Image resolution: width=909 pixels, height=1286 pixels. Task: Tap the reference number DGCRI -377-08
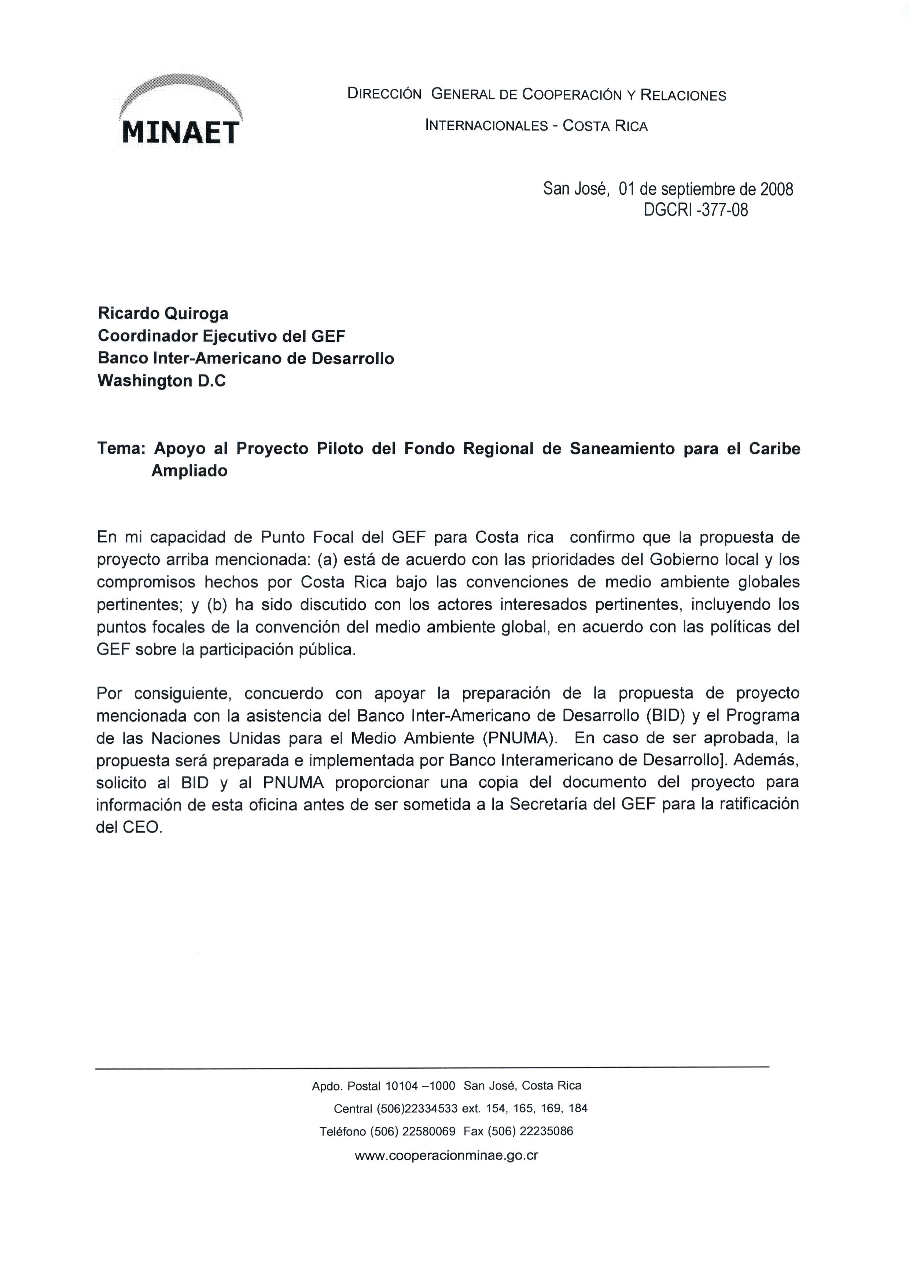pyautogui.click(x=696, y=210)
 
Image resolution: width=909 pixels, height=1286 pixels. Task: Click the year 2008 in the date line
pyautogui.click(x=776, y=189)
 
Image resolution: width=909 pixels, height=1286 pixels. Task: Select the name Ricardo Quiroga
pyautogui.click(x=163, y=314)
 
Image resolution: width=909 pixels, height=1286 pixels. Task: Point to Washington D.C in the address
pyautogui.click(x=162, y=381)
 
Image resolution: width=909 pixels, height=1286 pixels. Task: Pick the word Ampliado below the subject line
pyautogui.click(x=189, y=471)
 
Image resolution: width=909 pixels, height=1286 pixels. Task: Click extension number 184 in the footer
pyautogui.click(x=578, y=1109)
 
